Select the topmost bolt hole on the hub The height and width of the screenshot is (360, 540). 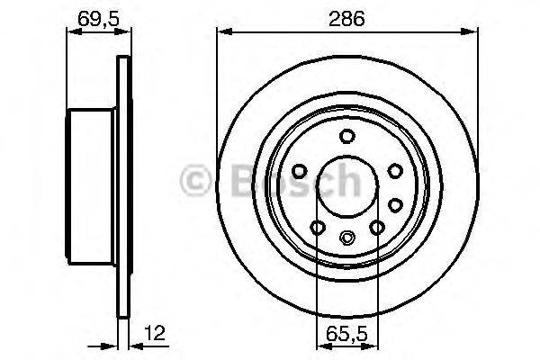pyautogui.click(x=346, y=136)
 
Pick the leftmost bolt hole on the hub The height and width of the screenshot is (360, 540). pyautogui.click(x=299, y=170)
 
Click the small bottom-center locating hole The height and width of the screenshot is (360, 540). pyautogui.click(x=347, y=238)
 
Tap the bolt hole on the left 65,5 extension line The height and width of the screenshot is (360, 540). pyautogui.click(x=316, y=228)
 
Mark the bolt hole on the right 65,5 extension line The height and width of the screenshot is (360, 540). pyautogui.click(x=378, y=228)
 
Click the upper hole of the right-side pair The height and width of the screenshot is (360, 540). pyautogui.click(x=394, y=170)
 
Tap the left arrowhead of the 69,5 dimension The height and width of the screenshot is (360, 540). pyautogui.click(x=73, y=33)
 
